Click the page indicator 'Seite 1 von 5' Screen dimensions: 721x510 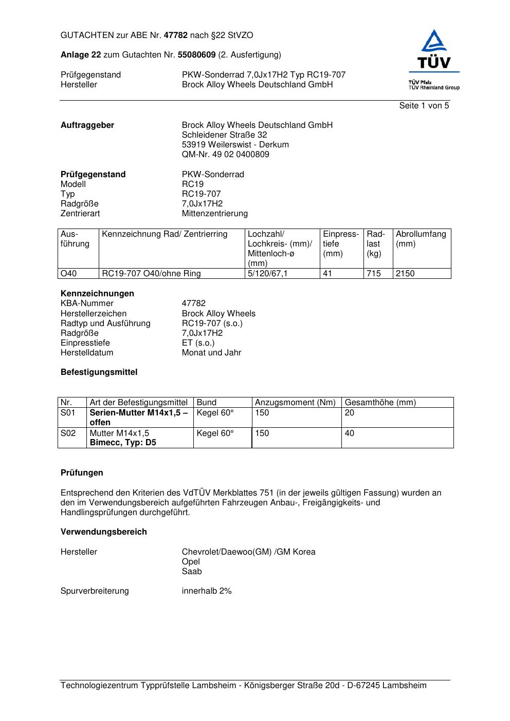[x=424, y=106]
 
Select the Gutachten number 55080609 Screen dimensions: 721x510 [x=196, y=55]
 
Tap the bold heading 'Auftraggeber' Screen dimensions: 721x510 [x=87, y=125]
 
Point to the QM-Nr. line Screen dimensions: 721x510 [x=225, y=155]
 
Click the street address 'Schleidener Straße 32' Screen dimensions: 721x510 [x=224, y=135]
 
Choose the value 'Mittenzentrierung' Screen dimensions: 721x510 [x=214, y=214]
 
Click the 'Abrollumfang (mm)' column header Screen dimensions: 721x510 [x=421, y=239]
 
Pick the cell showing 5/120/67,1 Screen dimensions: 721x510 [x=267, y=274]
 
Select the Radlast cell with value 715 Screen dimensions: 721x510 [x=374, y=274]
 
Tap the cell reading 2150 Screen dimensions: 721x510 [x=405, y=274]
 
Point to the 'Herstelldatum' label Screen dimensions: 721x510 [x=87, y=353]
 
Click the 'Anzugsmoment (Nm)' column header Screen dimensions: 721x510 [x=295, y=403]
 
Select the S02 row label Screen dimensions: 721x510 [x=68, y=433]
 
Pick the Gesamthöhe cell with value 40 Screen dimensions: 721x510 [x=350, y=433]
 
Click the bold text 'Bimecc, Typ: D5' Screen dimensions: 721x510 [x=123, y=443]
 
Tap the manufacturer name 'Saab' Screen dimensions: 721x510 [x=192, y=572]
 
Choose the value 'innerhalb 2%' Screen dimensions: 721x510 [x=207, y=591]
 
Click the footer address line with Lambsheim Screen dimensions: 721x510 [x=243, y=686]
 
